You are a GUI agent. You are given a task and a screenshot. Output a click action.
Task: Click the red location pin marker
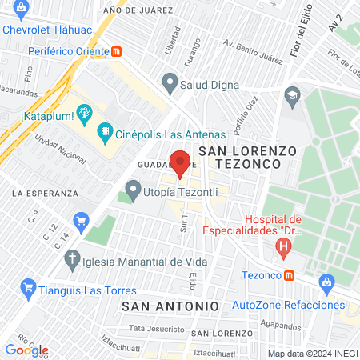pos(180,162)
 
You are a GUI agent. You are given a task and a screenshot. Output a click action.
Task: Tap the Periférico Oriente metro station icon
pos(118,50)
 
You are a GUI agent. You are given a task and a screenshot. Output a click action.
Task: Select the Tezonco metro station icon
pos(289,275)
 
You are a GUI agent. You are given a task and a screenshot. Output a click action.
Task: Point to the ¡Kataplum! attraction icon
pos(83,112)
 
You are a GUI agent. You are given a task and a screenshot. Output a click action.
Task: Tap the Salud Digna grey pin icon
pos(169,81)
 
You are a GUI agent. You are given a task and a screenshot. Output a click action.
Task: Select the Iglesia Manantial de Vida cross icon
pos(72,260)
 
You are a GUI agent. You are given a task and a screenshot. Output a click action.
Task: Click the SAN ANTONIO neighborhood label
pos(170,306)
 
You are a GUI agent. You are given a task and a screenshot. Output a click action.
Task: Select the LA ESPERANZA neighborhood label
pos(45,194)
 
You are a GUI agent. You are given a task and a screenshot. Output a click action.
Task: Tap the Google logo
pos(26,350)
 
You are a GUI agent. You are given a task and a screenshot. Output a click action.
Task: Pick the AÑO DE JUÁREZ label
pos(138,10)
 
